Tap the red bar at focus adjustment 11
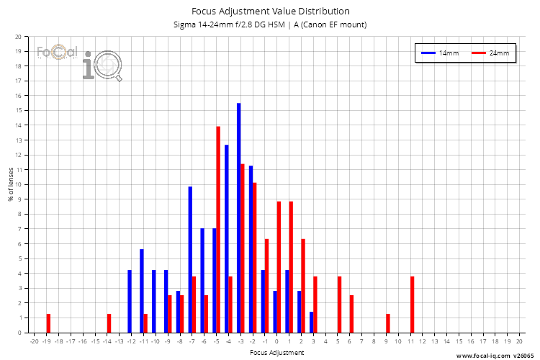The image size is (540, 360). [x=413, y=305]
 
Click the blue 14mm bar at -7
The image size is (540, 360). [x=190, y=259]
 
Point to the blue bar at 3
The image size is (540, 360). [x=312, y=322]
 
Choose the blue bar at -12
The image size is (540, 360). [x=130, y=301]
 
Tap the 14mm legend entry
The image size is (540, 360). [x=441, y=53]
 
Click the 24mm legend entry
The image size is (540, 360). [x=490, y=53]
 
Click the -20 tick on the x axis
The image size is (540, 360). [x=34, y=341]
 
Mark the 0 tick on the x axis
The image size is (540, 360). [x=276, y=341]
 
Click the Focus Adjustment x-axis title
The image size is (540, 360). [x=276, y=353]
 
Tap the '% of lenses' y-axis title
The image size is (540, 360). [x=11, y=184]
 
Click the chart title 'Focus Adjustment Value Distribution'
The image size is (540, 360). [x=270, y=12]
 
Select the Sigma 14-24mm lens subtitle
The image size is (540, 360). [x=270, y=24]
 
